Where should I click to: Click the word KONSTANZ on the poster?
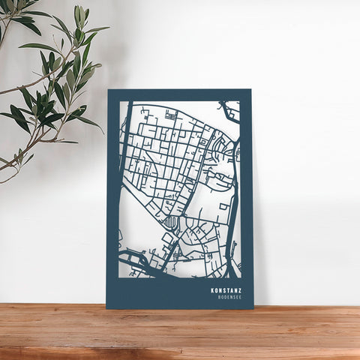[226, 290]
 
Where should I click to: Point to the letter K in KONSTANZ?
[213, 290]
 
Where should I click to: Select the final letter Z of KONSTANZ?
[240, 290]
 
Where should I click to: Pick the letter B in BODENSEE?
[219, 298]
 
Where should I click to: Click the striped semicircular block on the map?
[172, 222]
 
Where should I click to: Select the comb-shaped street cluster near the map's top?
[171, 116]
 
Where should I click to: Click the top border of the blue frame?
[180, 94]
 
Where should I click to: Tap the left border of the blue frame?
[112, 195]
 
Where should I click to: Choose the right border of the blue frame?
[246, 195]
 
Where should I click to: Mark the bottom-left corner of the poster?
[107, 307]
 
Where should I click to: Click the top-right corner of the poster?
[250, 90]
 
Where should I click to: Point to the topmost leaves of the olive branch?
[79, 13]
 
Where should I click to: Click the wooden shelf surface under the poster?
[180, 334]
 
